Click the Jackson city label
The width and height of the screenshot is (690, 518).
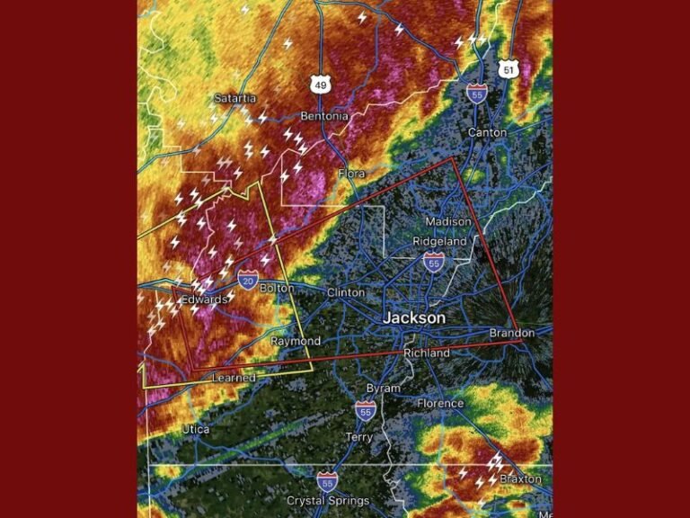[x=413, y=318]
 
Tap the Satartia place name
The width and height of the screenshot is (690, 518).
[x=234, y=98]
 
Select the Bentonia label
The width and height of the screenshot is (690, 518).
[x=323, y=116]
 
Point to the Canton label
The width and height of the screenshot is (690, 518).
[x=487, y=132]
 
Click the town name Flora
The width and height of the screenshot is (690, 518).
[x=352, y=173]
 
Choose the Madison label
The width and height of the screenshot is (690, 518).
[x=447, y=221]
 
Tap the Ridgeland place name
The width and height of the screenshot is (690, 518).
[x=439, y=241]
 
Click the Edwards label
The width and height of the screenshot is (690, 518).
[x=204, y=299]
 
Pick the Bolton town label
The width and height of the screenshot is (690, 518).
[x=277, y=288]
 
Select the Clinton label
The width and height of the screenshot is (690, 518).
[x=346, y=292]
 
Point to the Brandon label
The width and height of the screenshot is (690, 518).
[x=511, y=333]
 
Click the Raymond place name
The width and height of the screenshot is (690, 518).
[x=296, y=342]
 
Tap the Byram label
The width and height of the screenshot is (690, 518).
[x=383, y=388]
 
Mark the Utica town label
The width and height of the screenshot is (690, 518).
[x=196, y=429]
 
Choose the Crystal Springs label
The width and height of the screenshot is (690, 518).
[x=327, y=500]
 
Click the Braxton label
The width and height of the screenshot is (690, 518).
[x=521, y=479]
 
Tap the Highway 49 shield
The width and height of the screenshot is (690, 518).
[x=321, y=85]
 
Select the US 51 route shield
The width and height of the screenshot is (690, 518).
[x=509, y=69]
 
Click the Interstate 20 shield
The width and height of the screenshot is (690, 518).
[x=248, y=280]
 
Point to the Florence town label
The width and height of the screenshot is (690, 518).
[x=440, y=403]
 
